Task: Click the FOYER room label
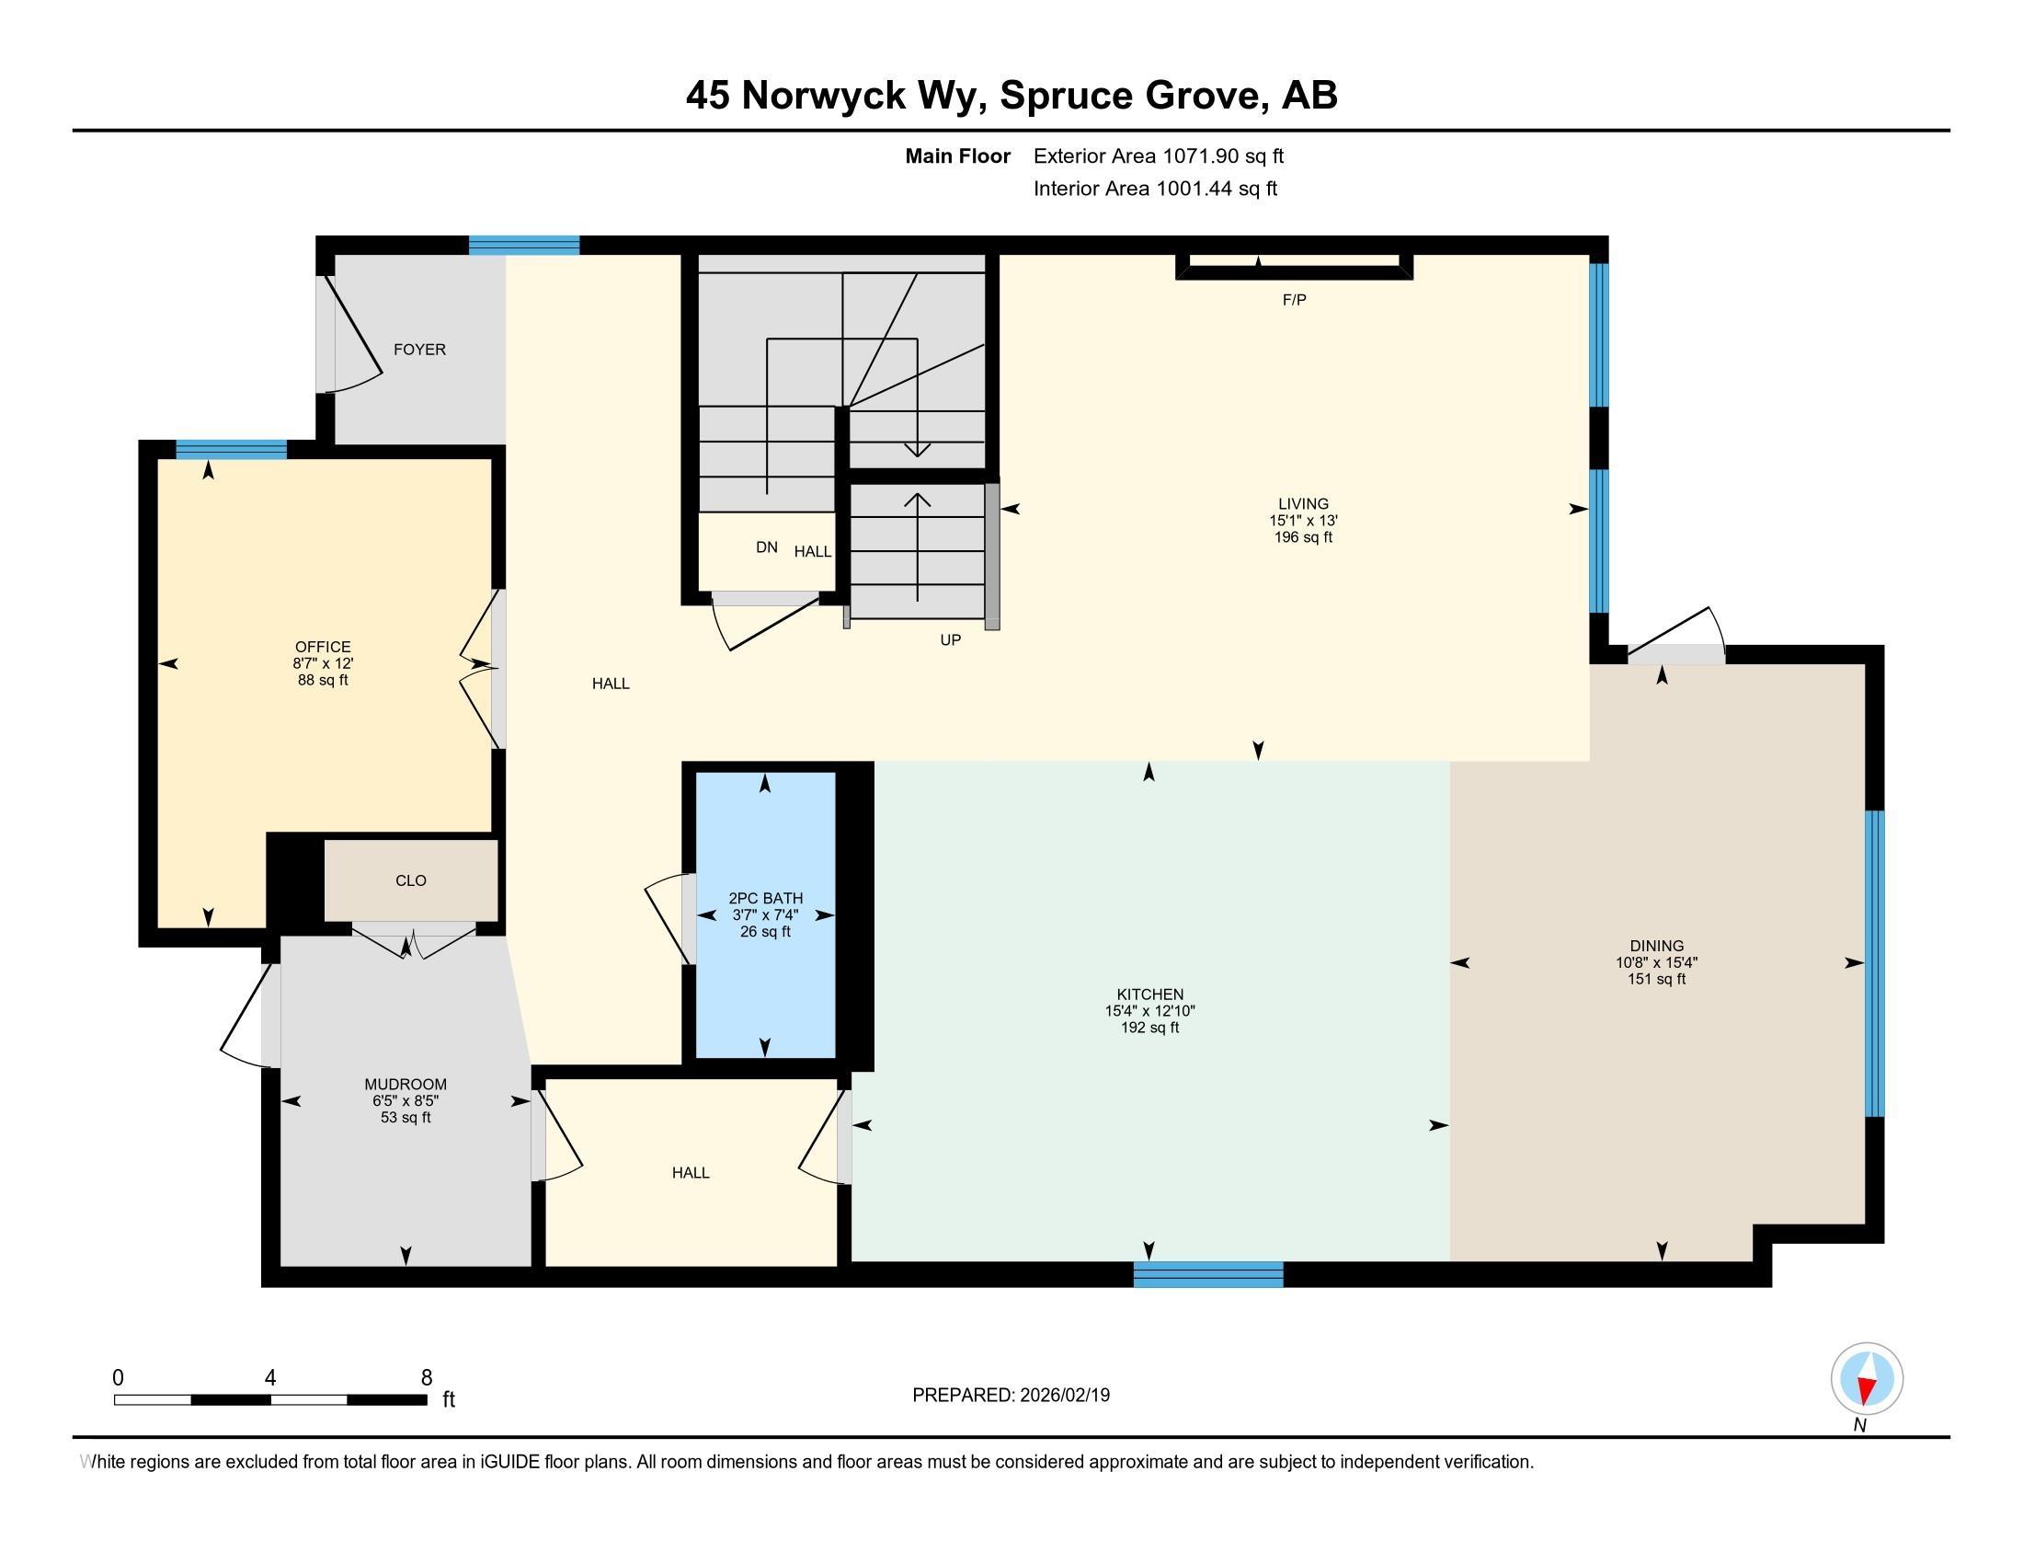(419, 350)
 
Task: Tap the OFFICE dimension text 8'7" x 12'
(323, 663)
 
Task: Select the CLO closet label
(410, 880)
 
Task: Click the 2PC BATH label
(765, 898)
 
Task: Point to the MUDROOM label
(406, 1084)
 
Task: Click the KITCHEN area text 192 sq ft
(1149, 1028)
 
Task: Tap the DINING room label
(1656, 946)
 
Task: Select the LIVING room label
(1303, 504)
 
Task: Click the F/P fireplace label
(1294, 300)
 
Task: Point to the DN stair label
(766, 547)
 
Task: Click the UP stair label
(951, 640)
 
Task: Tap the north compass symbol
(1867, 1379)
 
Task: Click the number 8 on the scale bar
(426, 1378)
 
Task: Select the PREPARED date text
(1011, 1396)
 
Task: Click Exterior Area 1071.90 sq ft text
(1158, 156)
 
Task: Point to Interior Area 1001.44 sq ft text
(1155, 189)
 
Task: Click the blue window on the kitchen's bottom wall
(1208, 1275)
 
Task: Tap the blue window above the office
(231, 449)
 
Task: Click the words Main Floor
(957, 156)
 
